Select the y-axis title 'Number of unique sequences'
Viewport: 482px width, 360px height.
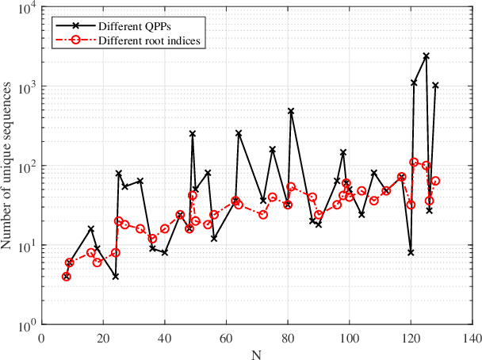(9, 166)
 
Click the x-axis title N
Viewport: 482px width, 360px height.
(257, 353)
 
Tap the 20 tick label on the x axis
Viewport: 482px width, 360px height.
(103, 337)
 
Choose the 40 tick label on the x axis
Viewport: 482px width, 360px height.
(165, 337)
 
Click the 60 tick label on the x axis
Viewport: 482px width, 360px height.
(226, 337)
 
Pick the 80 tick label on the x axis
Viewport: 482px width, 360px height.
(288, 337)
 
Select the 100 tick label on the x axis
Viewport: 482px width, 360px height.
(349, 337)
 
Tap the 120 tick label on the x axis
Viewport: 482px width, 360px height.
(411, 337)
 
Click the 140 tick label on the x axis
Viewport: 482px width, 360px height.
(472, 337)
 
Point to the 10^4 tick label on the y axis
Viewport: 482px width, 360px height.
(25, 8)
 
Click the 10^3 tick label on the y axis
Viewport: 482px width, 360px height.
(25, 86)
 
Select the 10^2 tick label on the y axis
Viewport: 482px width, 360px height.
(25, 167)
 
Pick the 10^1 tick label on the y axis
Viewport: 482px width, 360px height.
(25, 246)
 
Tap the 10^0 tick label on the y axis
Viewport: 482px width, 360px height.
(25, 325)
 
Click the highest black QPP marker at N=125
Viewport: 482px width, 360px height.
(427, 56)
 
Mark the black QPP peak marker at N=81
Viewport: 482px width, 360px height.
(291, 112)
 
